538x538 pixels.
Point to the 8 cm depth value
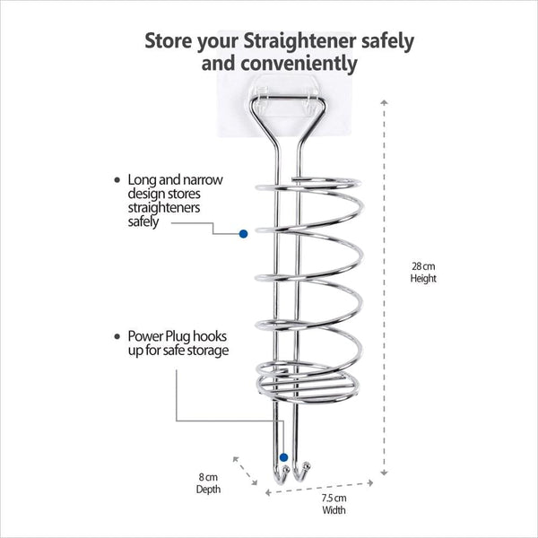[x=208, y=478]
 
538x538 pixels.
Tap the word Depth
[x=208, y=490]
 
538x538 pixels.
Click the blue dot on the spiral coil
[x=243, y=233]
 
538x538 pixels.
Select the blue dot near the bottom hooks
[x=282, y=458]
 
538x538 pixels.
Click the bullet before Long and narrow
[x=117, y=180]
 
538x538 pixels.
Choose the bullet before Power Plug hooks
[x=117, y=335]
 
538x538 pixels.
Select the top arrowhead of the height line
[x=385, y=103]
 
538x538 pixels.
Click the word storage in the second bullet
[x=206, y=350]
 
